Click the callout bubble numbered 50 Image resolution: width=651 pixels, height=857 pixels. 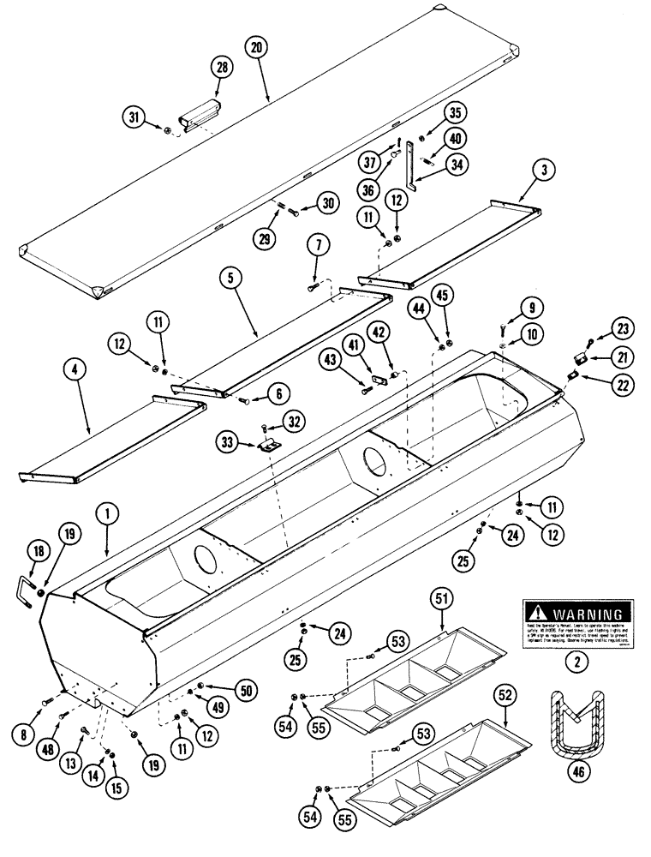[x=224, y=687]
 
